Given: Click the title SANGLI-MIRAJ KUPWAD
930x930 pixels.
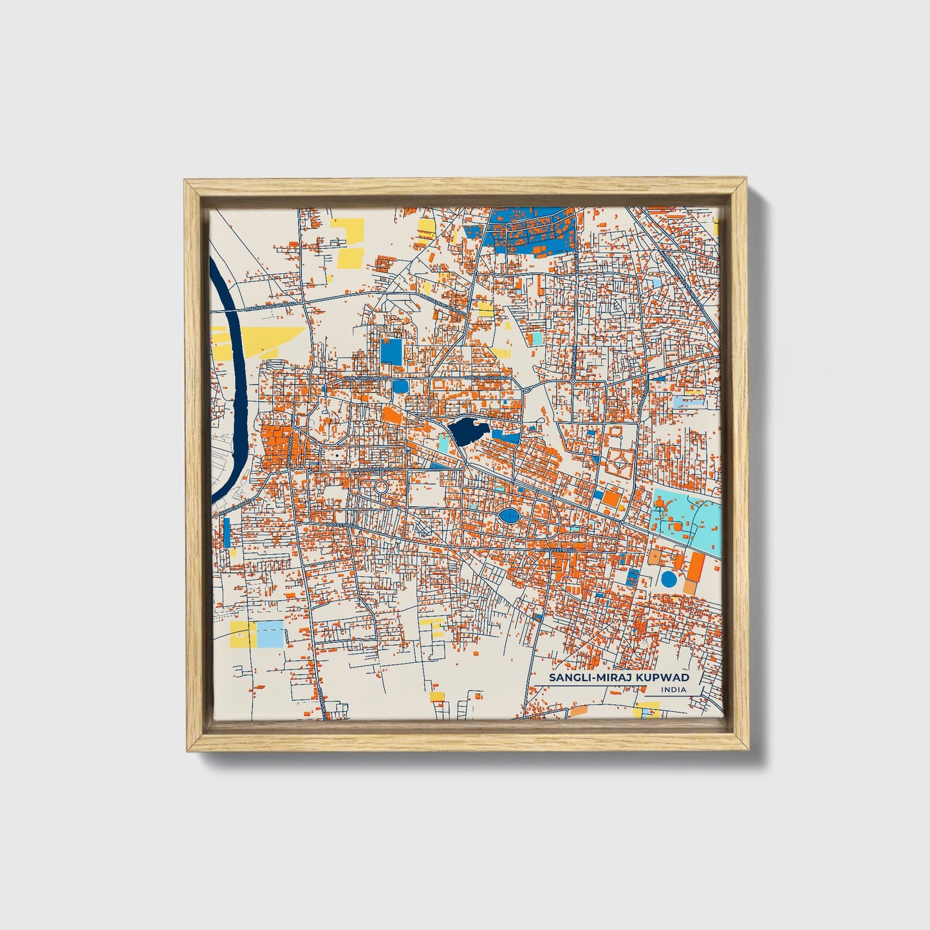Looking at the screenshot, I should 618,678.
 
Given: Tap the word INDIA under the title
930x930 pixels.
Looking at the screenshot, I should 673,690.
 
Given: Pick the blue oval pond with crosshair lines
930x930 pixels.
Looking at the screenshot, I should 508,516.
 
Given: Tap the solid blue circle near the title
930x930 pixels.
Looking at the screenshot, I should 669,579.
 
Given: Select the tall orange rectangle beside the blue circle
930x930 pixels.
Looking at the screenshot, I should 695,566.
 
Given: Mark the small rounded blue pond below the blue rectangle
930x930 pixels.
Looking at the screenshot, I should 400,386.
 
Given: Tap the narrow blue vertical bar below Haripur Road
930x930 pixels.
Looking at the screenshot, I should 227,534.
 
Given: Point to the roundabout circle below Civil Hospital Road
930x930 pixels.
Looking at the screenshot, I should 380,487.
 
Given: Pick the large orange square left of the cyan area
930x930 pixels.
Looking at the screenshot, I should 611,498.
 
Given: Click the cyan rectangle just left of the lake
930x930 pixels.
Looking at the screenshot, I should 444,443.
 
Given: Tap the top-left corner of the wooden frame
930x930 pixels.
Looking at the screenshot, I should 187,183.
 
